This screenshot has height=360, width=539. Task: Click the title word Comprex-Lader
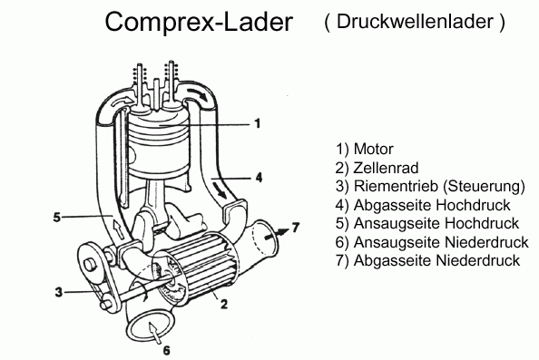click(199, 22)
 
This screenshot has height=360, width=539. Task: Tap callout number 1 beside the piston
click(258, 123)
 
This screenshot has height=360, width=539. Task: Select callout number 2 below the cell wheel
click(224, 304)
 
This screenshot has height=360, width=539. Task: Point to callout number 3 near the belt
click(59, 292)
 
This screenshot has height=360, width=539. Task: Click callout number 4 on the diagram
click(259, 178)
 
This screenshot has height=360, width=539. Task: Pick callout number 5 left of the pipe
click(57, 217)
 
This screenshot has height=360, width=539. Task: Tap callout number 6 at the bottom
click(166, 350)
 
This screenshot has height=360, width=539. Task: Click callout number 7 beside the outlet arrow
click(296, 228)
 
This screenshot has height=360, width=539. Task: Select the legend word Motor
click(374, 149)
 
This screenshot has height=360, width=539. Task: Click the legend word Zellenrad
click(386, 168)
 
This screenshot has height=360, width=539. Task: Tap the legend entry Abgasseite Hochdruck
click(432, 205)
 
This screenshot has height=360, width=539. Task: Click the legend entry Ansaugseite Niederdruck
click(441, 242)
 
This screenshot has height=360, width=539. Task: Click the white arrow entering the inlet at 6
click(153, 332)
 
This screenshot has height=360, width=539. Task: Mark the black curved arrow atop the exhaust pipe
click(197, 92)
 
